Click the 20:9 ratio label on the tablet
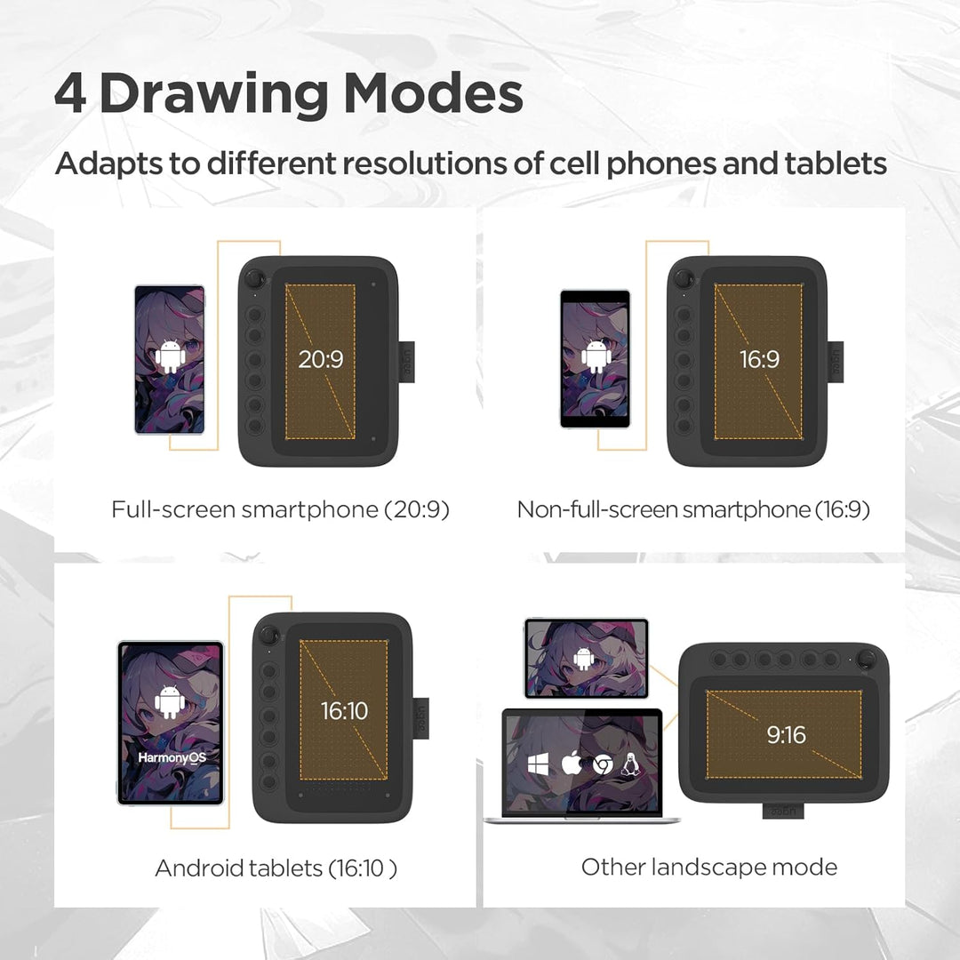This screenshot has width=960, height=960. tap(320, 360)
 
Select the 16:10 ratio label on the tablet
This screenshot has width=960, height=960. tap(344, 711)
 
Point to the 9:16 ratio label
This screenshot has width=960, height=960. tap(786, 734)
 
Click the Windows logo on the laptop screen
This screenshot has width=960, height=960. tap(537, 764)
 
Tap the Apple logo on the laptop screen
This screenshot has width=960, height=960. tap(570, 764)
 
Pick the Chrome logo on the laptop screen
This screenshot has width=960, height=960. tap(603, 764)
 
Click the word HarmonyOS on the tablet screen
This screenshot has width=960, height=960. tap(170, 757)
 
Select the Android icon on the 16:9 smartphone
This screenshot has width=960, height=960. tap(595, 357)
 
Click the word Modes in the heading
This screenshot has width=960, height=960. tap(435, 94)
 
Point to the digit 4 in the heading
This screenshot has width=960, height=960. tap(70, 94)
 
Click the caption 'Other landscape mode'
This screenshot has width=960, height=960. tap(708, 867)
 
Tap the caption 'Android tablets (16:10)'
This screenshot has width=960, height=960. tap(276, 868)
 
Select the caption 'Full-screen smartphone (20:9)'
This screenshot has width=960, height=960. tap(280, 509)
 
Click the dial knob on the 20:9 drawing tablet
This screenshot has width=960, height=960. tap(255, 277)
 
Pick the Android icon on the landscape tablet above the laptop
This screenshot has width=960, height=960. tap(583, 659)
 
